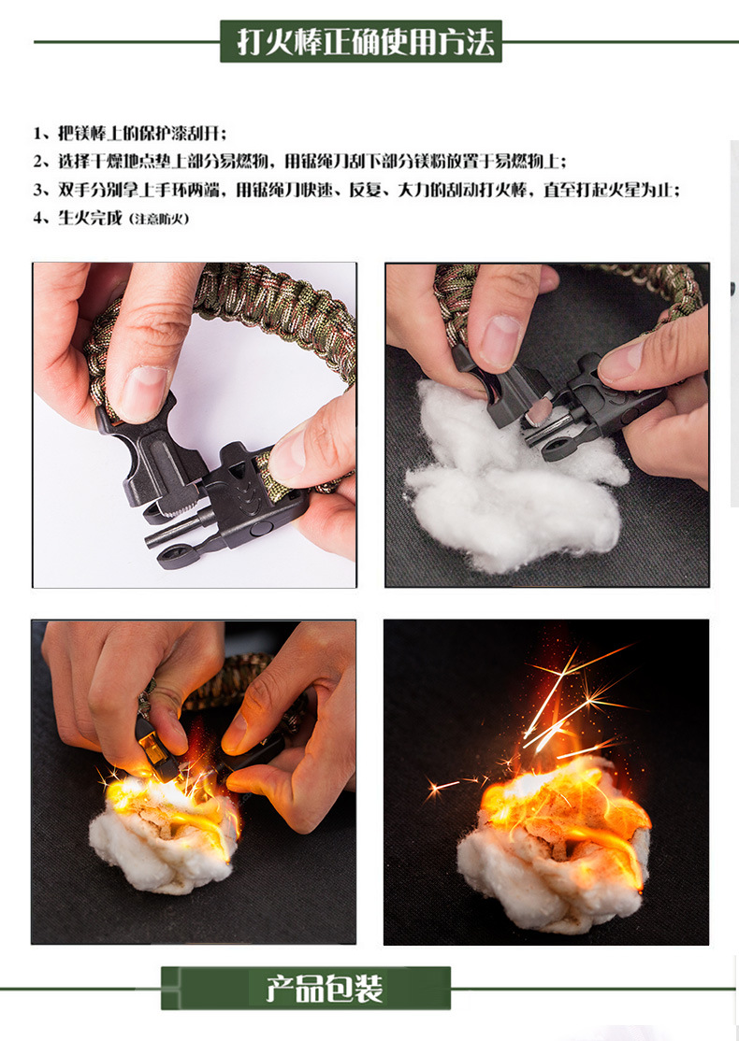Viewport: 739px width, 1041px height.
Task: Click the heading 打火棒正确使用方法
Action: coord(366,42)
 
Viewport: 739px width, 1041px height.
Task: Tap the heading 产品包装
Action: coord(325,989)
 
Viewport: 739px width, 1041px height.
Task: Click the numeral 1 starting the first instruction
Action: coord(37,134)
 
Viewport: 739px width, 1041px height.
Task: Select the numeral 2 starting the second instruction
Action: coord(37,162)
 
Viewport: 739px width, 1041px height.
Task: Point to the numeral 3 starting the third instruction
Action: coord(37,191)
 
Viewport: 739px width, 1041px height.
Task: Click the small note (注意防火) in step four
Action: coord(159,219)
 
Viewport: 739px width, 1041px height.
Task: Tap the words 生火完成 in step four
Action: coord(91,219)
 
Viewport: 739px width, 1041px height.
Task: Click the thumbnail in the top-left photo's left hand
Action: coord(143,394)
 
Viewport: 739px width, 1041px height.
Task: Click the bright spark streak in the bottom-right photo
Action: coord(551,703)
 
